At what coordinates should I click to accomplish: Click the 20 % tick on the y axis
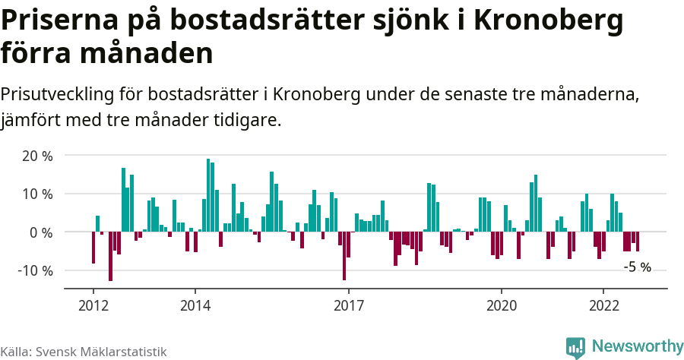click(36, 156)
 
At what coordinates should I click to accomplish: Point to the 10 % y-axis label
click(36, 194)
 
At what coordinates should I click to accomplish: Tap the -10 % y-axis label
click(34, 270)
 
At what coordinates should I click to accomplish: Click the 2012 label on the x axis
click(93, 305)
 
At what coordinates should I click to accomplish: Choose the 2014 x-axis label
click(195, 305)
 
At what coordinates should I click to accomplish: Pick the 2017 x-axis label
click(348, 305)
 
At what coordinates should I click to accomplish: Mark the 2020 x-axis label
click(502, 305)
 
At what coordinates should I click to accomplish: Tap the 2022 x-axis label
click(603, 305)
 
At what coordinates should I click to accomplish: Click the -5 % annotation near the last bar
click(637, 267)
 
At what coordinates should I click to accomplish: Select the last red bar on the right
click(638, 242)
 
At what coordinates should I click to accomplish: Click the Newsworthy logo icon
click(575, 348)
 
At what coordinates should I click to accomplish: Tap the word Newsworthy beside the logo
click(637, 346)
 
